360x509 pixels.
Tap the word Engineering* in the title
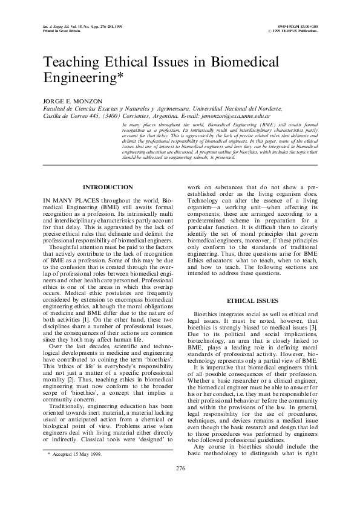tap(85, 78)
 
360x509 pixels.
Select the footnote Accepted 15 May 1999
tap(76, 470)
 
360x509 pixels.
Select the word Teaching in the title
tap(71, 62)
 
